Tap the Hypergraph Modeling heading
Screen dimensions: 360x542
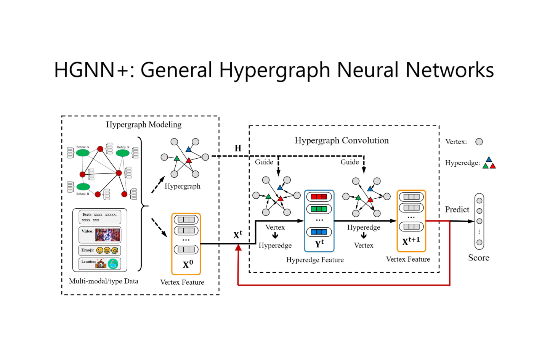click(x=144, y=125)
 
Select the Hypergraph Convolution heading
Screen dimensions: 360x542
click(x=342, y=140)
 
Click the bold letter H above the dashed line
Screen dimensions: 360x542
click(x=238, y=148)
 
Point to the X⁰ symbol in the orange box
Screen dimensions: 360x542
click(x=188, y=264)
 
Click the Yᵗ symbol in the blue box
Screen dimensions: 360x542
click(x=319, y=243)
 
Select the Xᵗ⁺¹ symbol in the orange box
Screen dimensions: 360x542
click(x=411, y=241)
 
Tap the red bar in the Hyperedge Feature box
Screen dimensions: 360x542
click(x=319, y=197)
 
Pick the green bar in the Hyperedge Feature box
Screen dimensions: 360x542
click(x=319, y=209)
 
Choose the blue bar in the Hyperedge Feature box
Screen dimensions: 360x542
click(x=319, y=232)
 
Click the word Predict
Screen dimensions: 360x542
click(x=457, y=209)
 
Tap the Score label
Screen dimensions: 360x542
click(x=479, y=258)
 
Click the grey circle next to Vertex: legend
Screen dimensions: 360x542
click(x=479, y=142)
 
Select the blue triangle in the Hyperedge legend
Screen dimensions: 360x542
click(x=489, y=159)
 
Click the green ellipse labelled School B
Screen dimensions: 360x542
click(x=83, y=187)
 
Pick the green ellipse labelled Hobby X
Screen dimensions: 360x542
click(x=123, y=153)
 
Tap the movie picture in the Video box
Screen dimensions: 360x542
click(x=107, y=235)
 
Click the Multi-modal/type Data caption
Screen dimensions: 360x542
click(x=104, y=281)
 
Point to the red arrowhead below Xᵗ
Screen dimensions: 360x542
click(x=238, y=248)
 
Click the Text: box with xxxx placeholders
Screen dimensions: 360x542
click(x=100, y=217)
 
